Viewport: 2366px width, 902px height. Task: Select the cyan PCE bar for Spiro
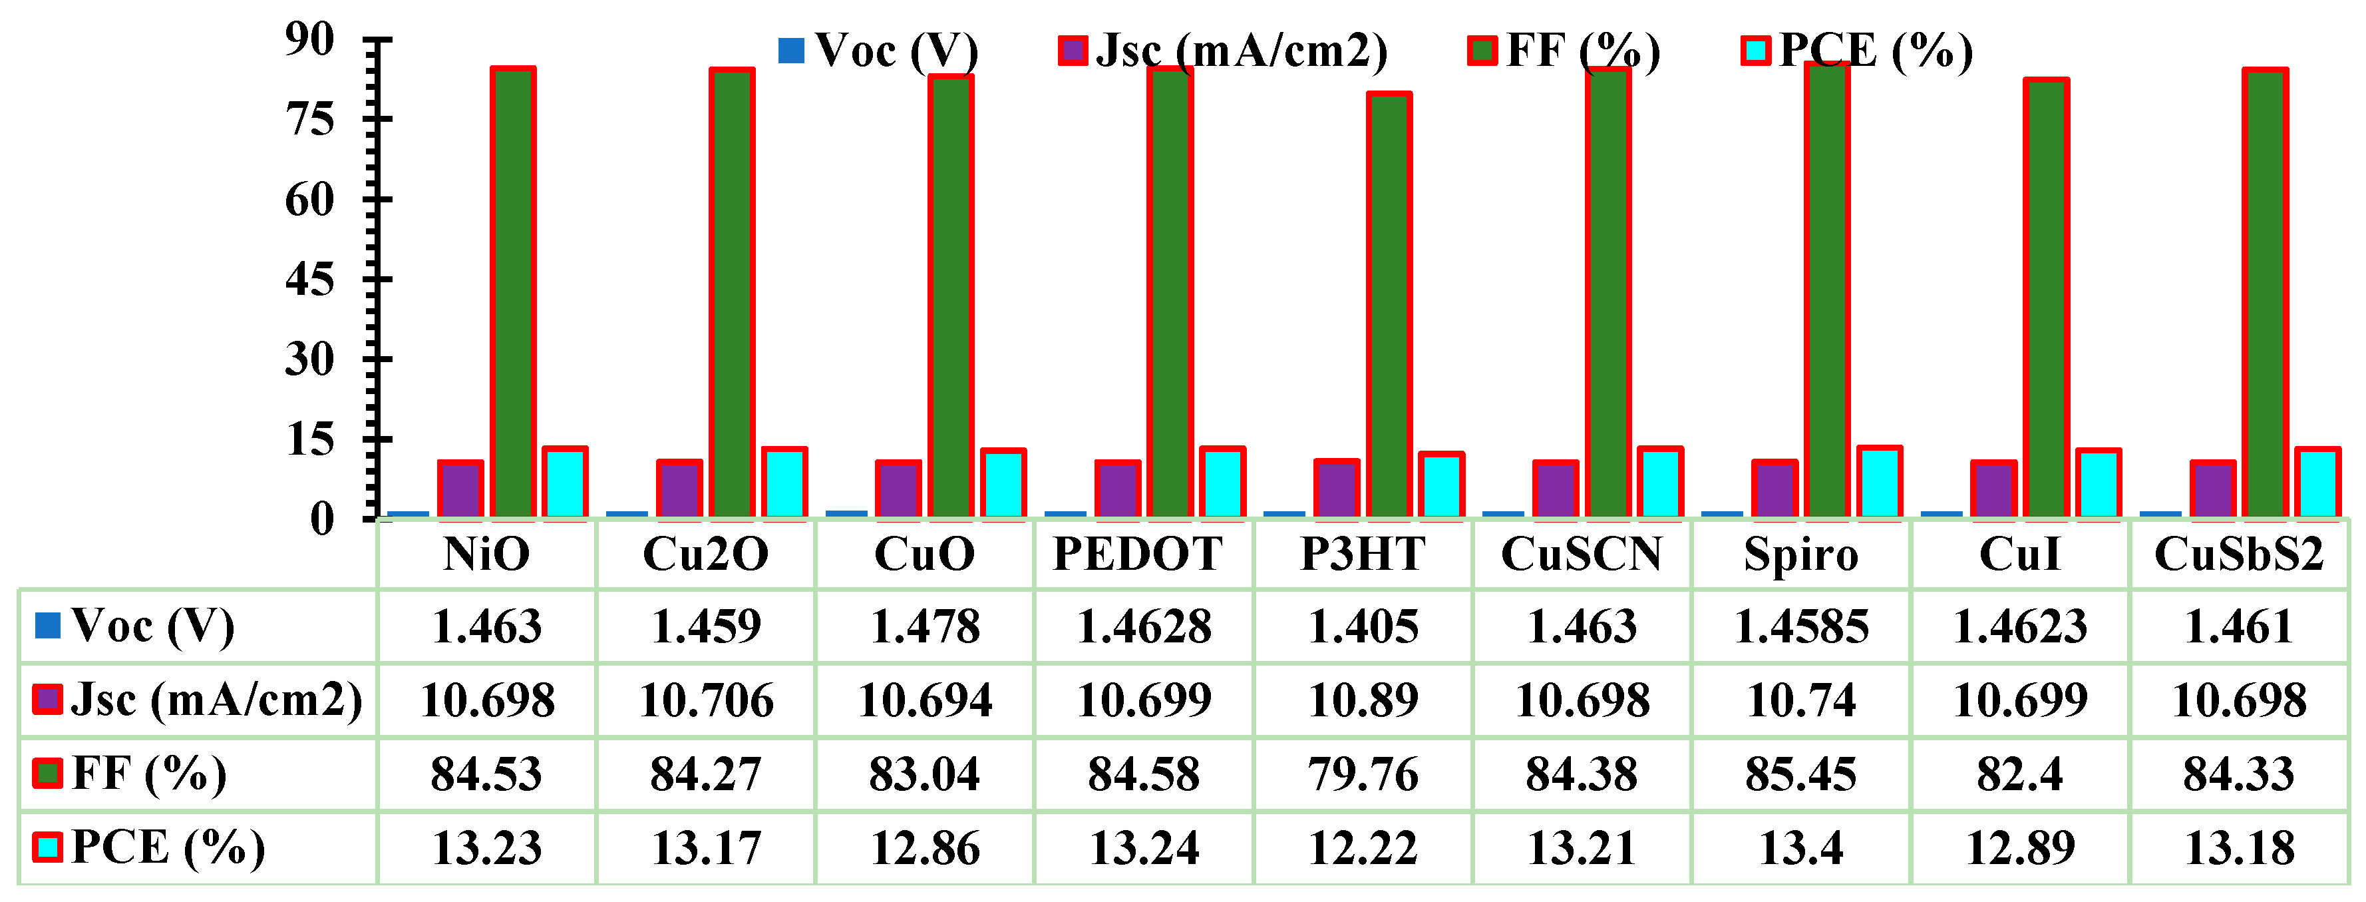tap(1879, 482)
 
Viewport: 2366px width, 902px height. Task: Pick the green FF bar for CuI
tap(2045, 298)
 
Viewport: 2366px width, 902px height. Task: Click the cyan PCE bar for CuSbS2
tap(2316, 483)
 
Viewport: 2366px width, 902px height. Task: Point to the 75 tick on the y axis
tap(309, 119)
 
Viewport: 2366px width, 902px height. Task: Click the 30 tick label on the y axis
tap(309, 359)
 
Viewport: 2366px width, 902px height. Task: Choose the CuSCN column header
tap(1581, 554)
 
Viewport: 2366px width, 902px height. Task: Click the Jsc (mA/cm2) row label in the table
tap(216, 700)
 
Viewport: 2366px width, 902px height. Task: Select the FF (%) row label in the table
tap(148, 774)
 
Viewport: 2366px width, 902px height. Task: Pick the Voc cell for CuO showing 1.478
tap(925, 626)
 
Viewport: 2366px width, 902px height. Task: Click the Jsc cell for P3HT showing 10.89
tap(1363, 700)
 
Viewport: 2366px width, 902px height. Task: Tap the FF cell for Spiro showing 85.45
tap(1800, 774)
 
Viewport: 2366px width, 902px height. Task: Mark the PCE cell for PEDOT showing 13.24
tap(1144, 847)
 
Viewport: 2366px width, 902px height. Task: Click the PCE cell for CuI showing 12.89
tap(2020, 847)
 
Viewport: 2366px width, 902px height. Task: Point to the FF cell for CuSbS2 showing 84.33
tap(2238, 774)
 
